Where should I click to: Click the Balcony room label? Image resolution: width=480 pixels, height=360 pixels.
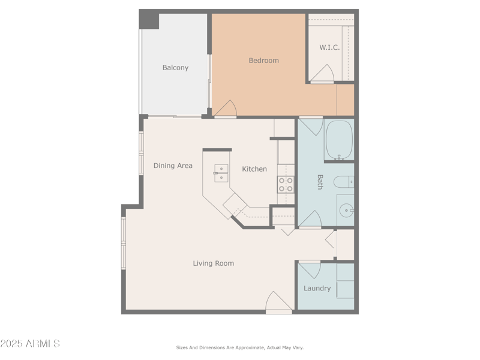pyautogui.click(x=175, y=68)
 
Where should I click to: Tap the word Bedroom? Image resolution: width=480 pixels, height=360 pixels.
pyautogui.click(x=263, y=61)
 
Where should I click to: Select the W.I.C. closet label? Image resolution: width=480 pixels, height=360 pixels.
pyautogui.click(x=329, y=47)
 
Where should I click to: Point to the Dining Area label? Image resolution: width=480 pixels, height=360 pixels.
pyautogui.click(x=173, y=166)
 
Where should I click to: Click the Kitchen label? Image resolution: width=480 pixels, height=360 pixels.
pyautogui.click(x=254, y=169)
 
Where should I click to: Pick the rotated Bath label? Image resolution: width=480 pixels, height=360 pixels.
pyautogui.click(x=320, y=182)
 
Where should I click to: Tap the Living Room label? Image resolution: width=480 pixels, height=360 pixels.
pyautogui.click(x=213, y=263)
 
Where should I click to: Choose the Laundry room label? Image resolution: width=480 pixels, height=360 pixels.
pyautogui.click(x=317, y=289)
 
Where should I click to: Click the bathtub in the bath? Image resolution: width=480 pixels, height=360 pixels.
pyautogui.click(x=339, y=140)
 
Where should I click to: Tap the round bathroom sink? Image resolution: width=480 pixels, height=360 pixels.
pyautogui.click(x=347, y=211)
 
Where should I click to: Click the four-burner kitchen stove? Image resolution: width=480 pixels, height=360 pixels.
pyautogui.click(x=286, y=184)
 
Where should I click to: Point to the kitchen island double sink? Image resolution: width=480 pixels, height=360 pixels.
pyautogui.click(x=221, y=173)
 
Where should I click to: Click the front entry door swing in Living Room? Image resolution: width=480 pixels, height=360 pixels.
pyautogui.click(x=277, y=301)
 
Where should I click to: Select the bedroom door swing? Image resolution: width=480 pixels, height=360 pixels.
pyautogui.click(x=226, y=109)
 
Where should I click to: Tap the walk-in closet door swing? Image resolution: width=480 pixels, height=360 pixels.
pyautogui.click(x=322, y=74)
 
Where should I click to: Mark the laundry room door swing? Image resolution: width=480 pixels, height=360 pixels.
pyautogui.click(x=310, y=270)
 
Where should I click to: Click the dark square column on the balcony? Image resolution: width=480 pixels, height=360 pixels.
pyautogui.click(x=149, y=20)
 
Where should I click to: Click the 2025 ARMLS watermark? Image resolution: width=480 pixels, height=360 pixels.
pyautogui.click(x=30, y=344)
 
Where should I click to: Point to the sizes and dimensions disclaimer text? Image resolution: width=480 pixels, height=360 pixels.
pyautogui.click(x=239, y=347)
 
